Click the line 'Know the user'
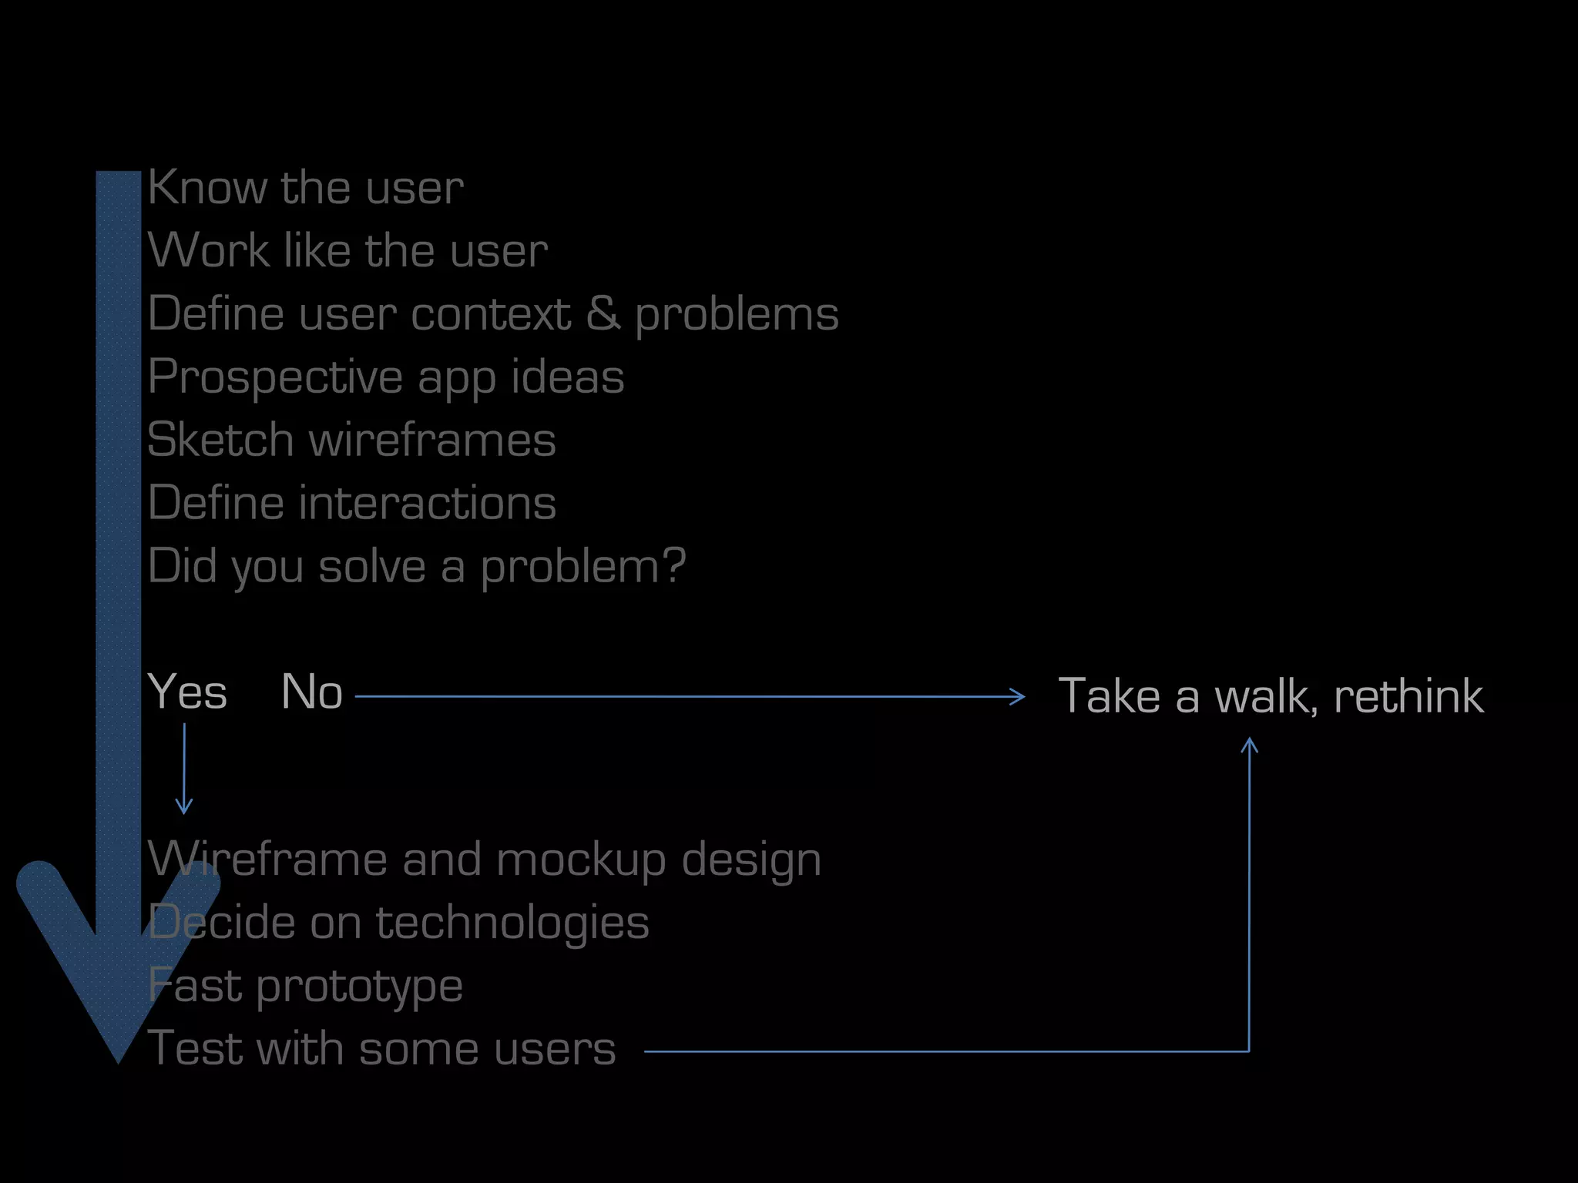(305, 187)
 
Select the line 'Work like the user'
(347, 250)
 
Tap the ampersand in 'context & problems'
(603, 313)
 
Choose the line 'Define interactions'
(351, 503)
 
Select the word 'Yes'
(187, 692)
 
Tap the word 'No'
(311, 692)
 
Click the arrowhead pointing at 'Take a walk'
(1019, 697)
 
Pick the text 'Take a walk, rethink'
(1270, 696)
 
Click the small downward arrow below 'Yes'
(184, 805)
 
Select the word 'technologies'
(512, 923)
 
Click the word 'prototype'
(359, 987)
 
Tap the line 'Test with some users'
(381, 1049)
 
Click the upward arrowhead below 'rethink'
(1250, 745)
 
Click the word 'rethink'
(1408, 696)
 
